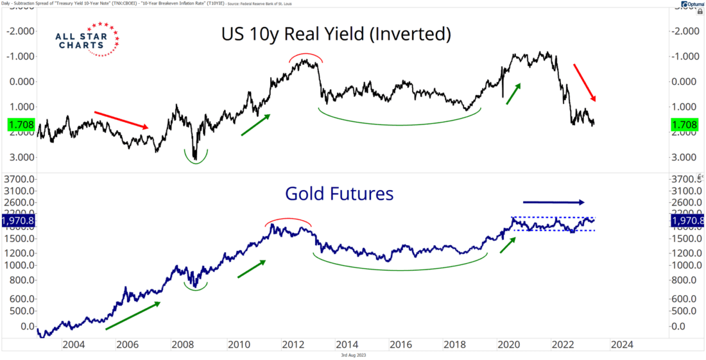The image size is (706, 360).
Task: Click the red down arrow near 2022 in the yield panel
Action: pyautogui.click(x=585, y=82)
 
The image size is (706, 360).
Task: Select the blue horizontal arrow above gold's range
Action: pyautogui.click(x=554, y=202)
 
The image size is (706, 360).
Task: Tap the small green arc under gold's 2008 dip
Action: pyautogui.click(x=196, y=287)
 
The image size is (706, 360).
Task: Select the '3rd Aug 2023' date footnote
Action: pyautogui.click(x=353, y=355)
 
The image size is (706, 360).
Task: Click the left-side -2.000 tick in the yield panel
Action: pyautogui.click(x=22, y=31)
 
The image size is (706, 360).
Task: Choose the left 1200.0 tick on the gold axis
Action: pyautogui.click(x=19, y=252)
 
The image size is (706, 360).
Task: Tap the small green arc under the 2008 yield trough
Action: pyautogui.click(x=196, y=158)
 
